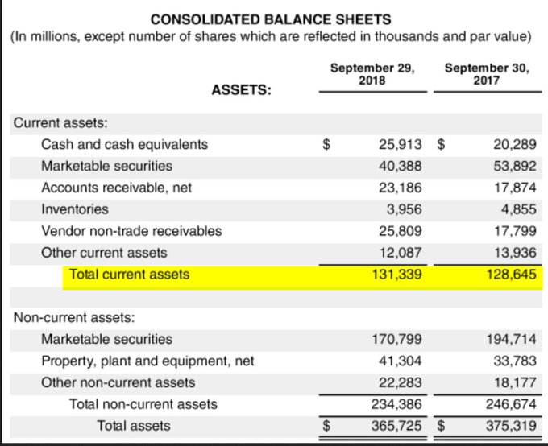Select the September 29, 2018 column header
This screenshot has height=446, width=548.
tap(372, 74)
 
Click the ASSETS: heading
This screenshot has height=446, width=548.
tap(241, 91)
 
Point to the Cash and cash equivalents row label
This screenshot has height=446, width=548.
tap(124, 145)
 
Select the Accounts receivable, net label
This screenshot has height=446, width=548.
tap(116, 188)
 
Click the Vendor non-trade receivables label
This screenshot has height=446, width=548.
tap(131, 231)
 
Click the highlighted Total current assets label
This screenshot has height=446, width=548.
tap(129, 275)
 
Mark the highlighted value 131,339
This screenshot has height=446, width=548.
tap(396, 275)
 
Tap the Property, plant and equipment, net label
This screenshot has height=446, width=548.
tap(147, 361)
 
